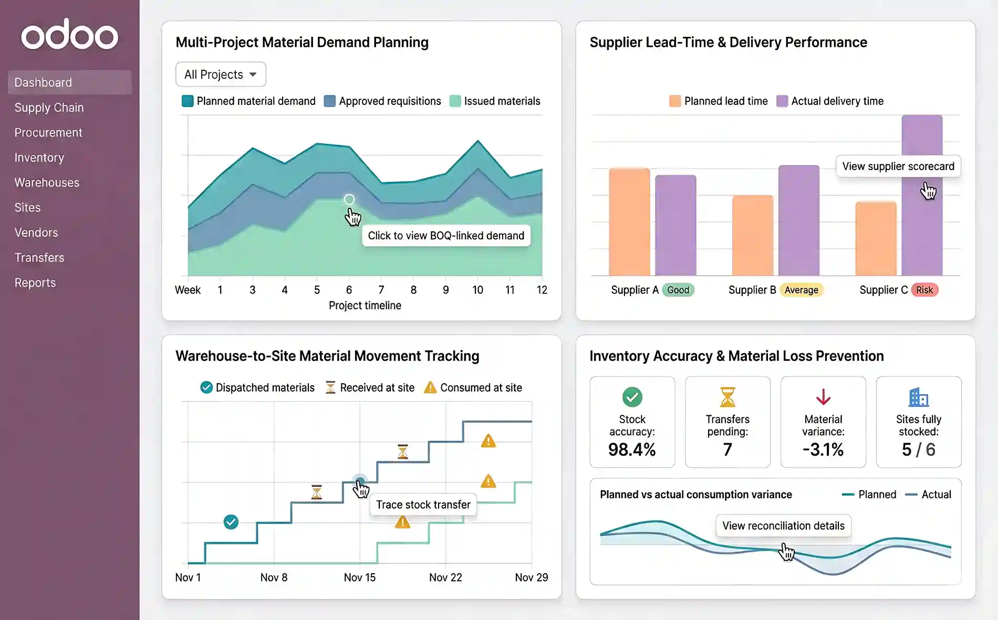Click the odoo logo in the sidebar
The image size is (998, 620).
tap(69, 35)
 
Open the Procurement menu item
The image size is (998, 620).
tap(48, 133)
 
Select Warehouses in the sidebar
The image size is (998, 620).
tap(47, 183)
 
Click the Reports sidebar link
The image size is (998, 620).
tap(35, 283)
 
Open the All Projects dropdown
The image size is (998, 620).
tap(221, 75)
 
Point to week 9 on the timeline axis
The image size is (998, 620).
tap(445, 290)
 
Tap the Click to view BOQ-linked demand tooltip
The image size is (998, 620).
tap(446, 236)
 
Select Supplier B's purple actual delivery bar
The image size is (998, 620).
tap(798, 220)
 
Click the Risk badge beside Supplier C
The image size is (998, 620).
tap(924, 290)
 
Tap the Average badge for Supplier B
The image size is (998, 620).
tap(801, 290)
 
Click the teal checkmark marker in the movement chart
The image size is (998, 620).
tap(231, 522)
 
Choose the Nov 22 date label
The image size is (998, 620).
tap(445, 577)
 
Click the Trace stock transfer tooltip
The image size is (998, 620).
tap(423, 505)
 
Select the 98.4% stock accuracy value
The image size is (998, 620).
tap(632, 450)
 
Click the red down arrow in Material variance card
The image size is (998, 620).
tap(823, 397)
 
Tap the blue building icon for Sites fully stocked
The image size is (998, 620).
tap(918, 397)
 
